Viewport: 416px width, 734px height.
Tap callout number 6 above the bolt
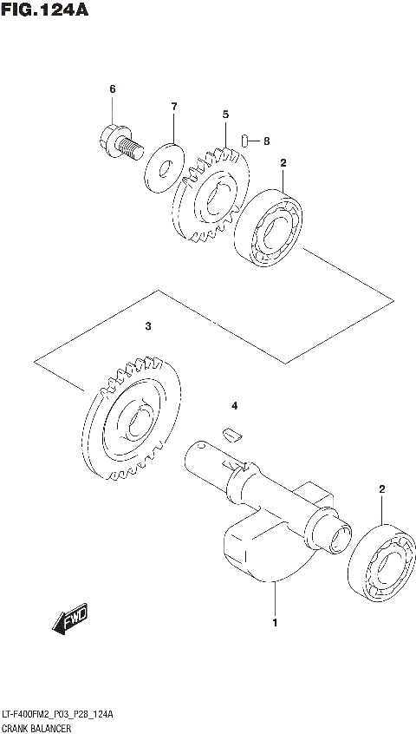click(112, 89)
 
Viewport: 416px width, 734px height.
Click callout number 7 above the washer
click(173, 107)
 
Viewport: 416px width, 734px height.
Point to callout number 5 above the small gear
click(224, 114)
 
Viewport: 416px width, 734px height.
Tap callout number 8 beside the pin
click(266, 141)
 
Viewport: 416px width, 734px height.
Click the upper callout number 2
click(283, 162)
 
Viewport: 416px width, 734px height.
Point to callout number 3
click(148, 327)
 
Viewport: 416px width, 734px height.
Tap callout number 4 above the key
click(233, 406)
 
